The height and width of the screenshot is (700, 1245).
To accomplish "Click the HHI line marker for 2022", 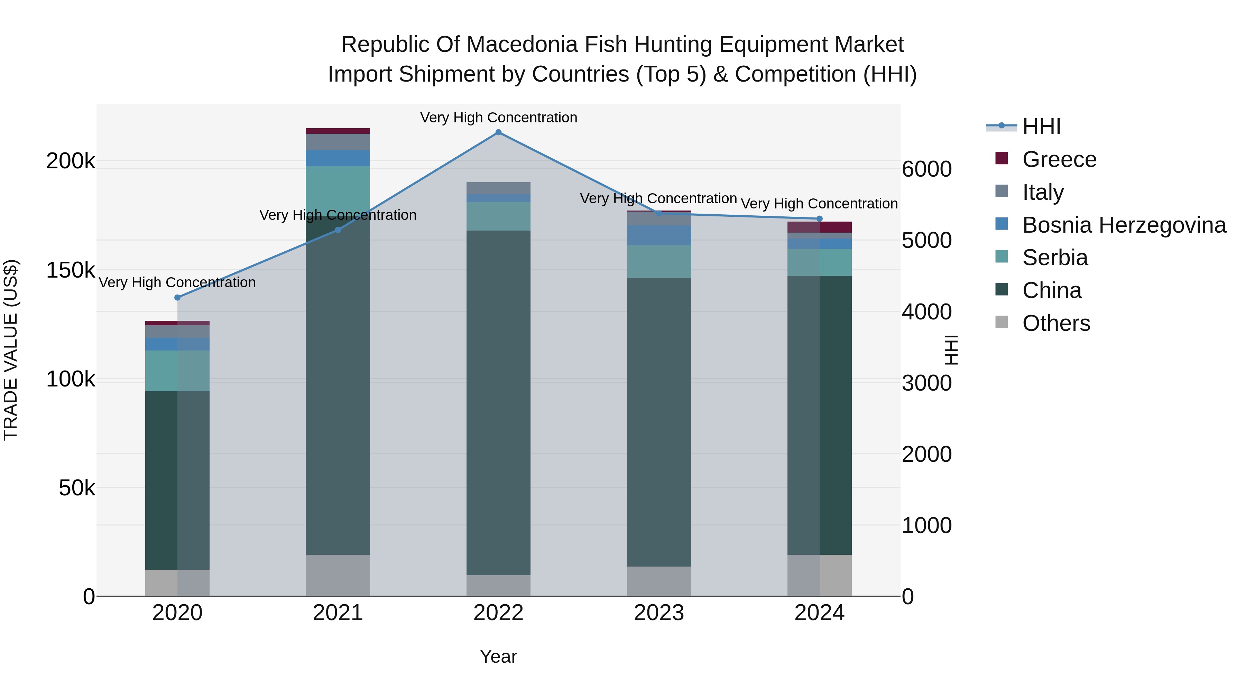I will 498,132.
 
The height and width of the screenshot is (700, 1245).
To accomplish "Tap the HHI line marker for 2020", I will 177,298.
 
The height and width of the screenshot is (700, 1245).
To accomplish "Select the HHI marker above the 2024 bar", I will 819,219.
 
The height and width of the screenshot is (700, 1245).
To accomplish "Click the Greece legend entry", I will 1059,159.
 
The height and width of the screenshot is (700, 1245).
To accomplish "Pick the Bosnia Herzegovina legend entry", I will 1124,225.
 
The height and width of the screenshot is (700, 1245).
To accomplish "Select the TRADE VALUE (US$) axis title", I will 11,350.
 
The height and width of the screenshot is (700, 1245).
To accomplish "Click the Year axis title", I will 498,656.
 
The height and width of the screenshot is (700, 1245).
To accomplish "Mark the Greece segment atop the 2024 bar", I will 819,227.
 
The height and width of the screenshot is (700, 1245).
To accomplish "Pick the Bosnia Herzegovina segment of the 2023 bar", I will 659,235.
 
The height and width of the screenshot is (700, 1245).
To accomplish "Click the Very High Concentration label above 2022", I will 498,118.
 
